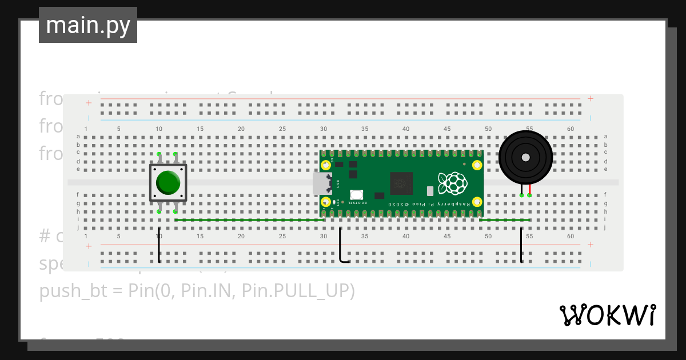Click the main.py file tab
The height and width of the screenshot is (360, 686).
pos(87,25)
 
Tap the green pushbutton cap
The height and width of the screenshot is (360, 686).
pos(168,182)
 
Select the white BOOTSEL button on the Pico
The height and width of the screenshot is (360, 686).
pos(357,195)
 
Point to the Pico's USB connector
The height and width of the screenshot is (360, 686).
pos(322,183)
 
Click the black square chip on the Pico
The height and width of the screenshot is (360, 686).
pos(401,183)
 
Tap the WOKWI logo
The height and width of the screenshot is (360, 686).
pos(607,315)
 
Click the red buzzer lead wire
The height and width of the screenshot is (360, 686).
pos(530,190)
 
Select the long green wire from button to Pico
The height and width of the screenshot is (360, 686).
pos(249,220)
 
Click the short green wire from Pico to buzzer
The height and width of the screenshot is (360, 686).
pos(505,220)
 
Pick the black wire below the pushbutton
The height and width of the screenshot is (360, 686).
pos(159,246)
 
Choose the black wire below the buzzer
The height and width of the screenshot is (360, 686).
pos(521,246)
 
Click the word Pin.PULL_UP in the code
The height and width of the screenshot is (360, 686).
pos(298,291)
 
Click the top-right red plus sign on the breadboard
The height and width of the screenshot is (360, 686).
pos(590,99)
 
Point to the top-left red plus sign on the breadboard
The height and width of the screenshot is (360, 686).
pos(89,103)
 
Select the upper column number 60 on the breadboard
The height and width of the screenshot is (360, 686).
pos(571,129)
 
